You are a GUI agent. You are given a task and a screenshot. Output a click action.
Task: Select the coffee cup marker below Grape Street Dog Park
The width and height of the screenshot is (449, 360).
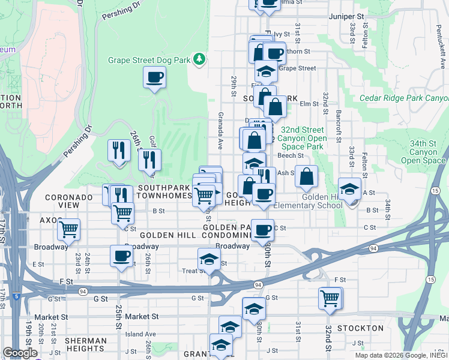154,77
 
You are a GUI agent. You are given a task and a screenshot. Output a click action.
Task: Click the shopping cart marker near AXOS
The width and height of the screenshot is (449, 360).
69,229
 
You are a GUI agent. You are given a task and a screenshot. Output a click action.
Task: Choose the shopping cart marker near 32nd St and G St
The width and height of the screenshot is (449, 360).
330,298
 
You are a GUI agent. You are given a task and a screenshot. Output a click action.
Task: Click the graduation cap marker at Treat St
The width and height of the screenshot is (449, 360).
209,260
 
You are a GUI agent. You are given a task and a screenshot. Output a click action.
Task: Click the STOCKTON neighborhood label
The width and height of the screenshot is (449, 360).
360,328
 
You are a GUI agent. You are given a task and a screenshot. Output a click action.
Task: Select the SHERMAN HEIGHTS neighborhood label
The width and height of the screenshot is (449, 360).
86,345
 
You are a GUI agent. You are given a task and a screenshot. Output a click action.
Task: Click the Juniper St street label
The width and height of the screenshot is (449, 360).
346,17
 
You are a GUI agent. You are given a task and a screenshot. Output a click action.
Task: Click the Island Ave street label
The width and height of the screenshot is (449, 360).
141,334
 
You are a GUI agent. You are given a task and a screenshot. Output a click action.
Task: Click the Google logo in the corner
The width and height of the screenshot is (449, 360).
20,353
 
